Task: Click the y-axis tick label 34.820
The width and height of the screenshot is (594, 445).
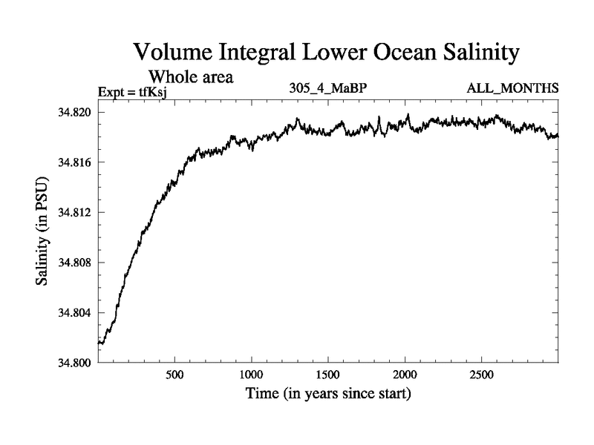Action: point(74,113)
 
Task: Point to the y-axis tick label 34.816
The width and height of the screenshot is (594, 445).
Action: point(74,162)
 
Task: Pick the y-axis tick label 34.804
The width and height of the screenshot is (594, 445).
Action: point(74,313)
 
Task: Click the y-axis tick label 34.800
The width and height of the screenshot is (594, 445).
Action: point(74,363)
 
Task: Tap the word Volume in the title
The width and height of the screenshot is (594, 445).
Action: point(173,54)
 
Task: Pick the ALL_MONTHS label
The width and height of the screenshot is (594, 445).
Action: point(512,89)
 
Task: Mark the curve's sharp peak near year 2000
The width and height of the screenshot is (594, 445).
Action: point(408,115)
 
